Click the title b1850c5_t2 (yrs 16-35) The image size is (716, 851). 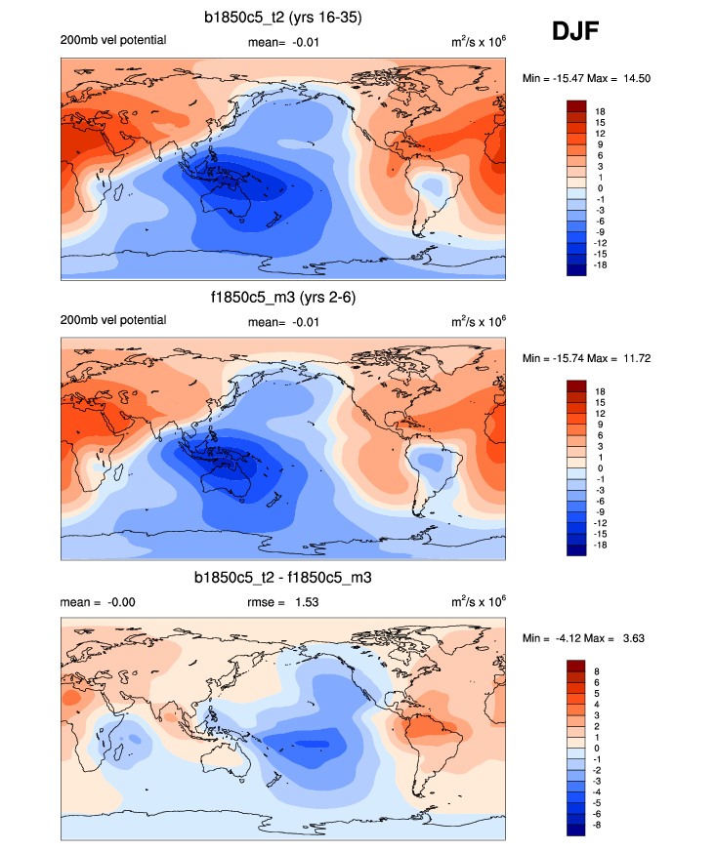283,17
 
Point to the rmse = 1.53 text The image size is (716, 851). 283,602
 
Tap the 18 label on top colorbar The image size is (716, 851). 600,112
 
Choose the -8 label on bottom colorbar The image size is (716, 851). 601,825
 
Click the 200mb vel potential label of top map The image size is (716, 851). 113,40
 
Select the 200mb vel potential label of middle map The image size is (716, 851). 113,320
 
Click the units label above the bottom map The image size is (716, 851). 479,601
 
